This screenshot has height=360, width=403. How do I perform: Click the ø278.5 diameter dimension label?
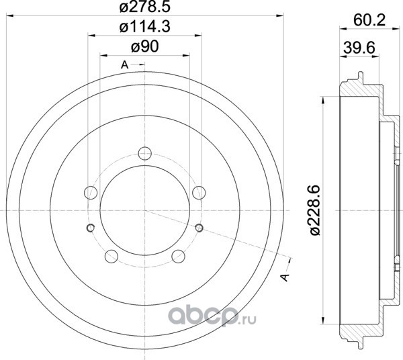[x=145, y=7]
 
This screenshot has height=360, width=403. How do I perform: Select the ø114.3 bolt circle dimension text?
[x=145, y=27]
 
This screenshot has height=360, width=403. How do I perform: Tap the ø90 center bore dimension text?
[x=145, y=47]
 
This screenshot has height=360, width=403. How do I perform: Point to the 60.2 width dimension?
[x=369, y=20]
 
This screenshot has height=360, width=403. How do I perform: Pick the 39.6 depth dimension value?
[x=359, y=48]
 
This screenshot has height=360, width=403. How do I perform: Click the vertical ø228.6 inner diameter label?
[x=315, y=210]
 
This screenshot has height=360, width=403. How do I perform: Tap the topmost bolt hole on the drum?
[x=145, y=153]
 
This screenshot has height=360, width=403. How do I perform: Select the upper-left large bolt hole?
[x=91, y=193]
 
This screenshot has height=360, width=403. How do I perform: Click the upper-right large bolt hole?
[x=199, y=193]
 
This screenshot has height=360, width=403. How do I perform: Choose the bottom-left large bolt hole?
[x=111, y=256]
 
